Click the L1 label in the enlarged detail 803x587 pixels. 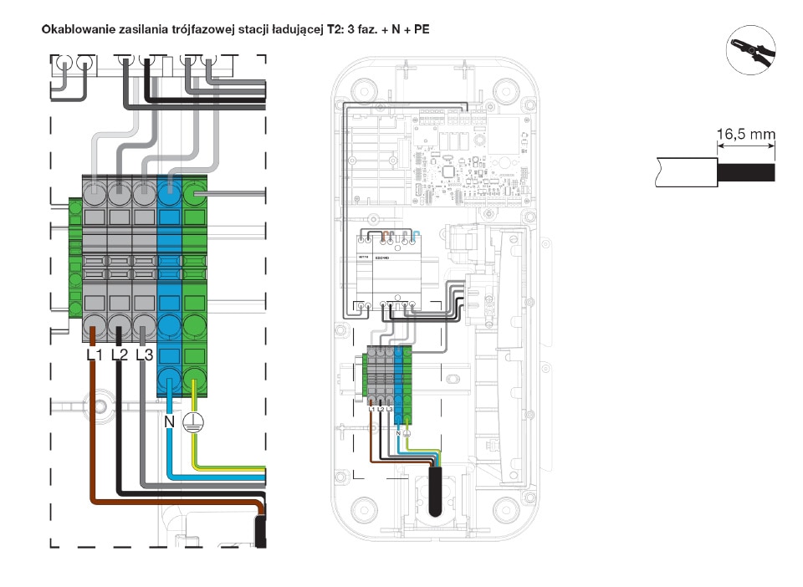(x=95, y=355)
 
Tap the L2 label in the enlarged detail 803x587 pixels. (x=119, y=355)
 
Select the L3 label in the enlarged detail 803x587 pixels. (x=144, y=355)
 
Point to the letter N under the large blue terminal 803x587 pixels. (x=168, y=421)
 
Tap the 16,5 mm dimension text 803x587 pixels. (x=745, y=134)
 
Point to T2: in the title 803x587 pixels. (x=336, y=28)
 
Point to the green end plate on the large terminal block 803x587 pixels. (x=74, y=259)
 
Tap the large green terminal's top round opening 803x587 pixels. (x=195, y=197)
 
